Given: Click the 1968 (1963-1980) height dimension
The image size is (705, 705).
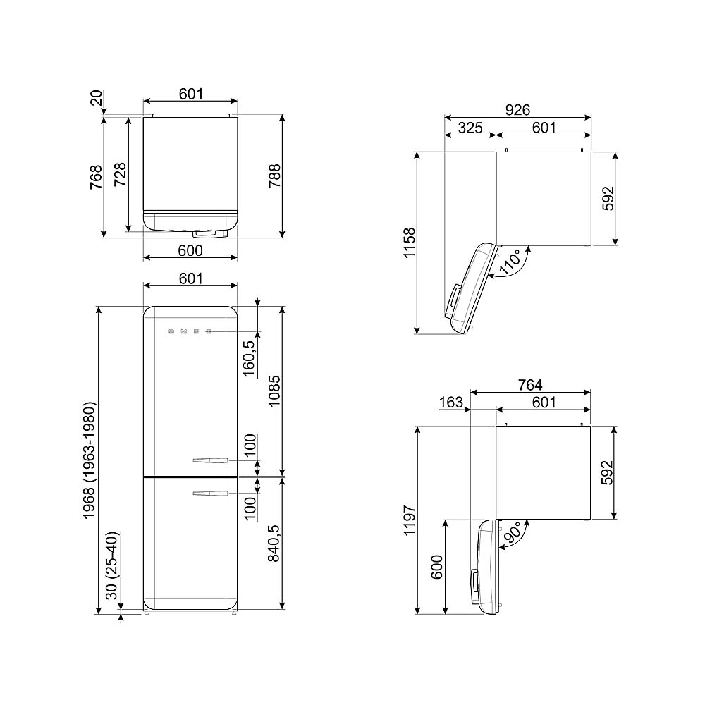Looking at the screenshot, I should coord(90,460).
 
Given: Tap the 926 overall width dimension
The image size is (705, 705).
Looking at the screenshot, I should coord(517,109).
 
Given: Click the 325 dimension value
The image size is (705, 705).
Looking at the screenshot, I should coord(470,128).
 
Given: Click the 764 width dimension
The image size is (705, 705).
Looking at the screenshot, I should coord(529,384).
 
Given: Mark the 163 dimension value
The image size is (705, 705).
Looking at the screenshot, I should coord(450,403).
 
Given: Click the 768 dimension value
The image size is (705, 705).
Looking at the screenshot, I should coord(97,177).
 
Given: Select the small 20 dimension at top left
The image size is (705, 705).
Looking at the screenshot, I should coord(97,98).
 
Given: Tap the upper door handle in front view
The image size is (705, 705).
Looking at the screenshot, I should coord(209,461).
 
